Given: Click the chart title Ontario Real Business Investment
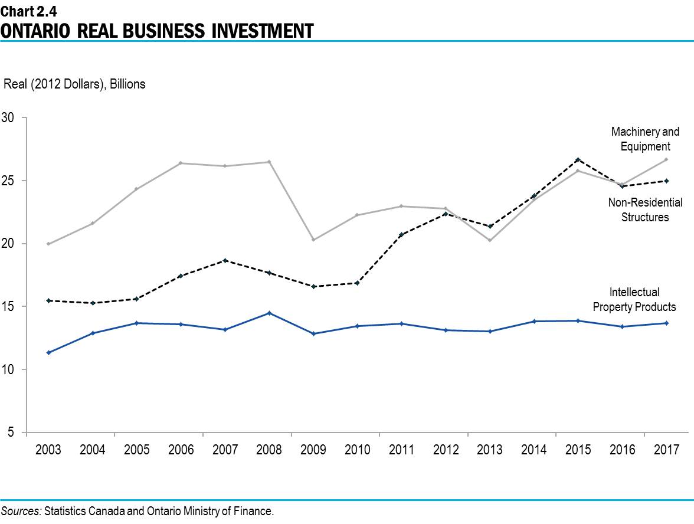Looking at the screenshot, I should click(x=156, y=30).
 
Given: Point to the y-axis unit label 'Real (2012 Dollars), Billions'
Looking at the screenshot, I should click(x=74, y=84).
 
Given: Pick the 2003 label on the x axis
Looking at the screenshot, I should click(x=48, y=450).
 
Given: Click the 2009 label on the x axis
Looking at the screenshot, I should click(x=313, y=450).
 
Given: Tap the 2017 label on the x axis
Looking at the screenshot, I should click(x=666, y=450).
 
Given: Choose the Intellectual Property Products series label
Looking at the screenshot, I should click(x=634, y=299).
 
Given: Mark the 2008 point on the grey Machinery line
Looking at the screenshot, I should click(x=269, y=162).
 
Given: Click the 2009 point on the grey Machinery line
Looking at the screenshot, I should click(x=313, y=240).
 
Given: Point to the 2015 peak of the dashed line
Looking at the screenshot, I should click(x=578, y=159).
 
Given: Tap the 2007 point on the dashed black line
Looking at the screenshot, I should click(x=225, y=260).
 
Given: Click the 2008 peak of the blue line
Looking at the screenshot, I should click(x=269, y=313).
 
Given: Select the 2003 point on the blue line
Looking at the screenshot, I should click(x=48, y=352).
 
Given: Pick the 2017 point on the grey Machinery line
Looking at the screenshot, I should click(x=666, y=159).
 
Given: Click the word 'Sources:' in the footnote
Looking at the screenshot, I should click(x=21, y=510).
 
